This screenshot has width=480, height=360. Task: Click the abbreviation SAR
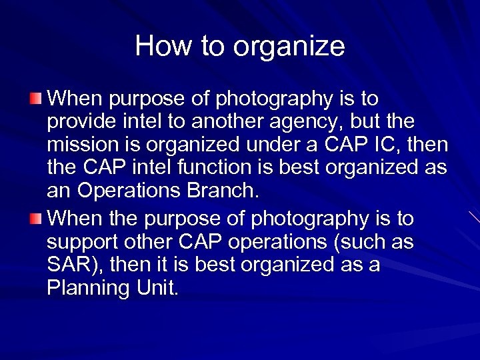pos(70,265)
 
